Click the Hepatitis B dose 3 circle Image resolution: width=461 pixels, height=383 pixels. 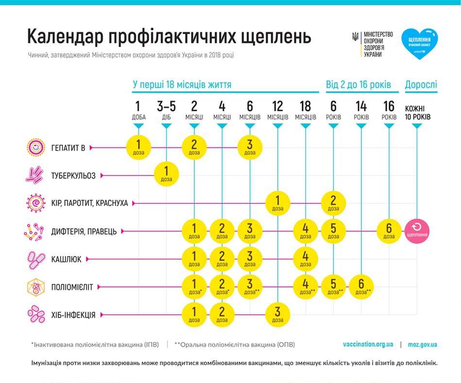(250, 146)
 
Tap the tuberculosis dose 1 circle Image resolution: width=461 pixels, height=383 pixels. (166, 174)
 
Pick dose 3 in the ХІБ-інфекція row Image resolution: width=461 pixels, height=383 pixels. (278, 314)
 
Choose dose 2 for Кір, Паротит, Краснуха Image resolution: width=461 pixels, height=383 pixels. (333, 202)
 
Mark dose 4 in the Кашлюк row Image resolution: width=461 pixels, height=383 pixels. (306, 258)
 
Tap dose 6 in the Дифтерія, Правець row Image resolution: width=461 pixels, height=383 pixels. (389, 230)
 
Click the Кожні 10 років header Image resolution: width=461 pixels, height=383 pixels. (417, 112)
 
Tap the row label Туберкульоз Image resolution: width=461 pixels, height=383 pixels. (73, 174)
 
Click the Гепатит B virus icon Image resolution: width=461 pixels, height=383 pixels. (34, 147)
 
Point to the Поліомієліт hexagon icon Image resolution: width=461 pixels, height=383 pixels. (34, 287)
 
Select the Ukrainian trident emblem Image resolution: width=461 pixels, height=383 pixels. (356, 37)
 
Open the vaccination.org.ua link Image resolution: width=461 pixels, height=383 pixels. (368, 344)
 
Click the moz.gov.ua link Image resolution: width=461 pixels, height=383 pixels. (422, 344)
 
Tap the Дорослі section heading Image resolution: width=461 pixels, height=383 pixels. (421, 85)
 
